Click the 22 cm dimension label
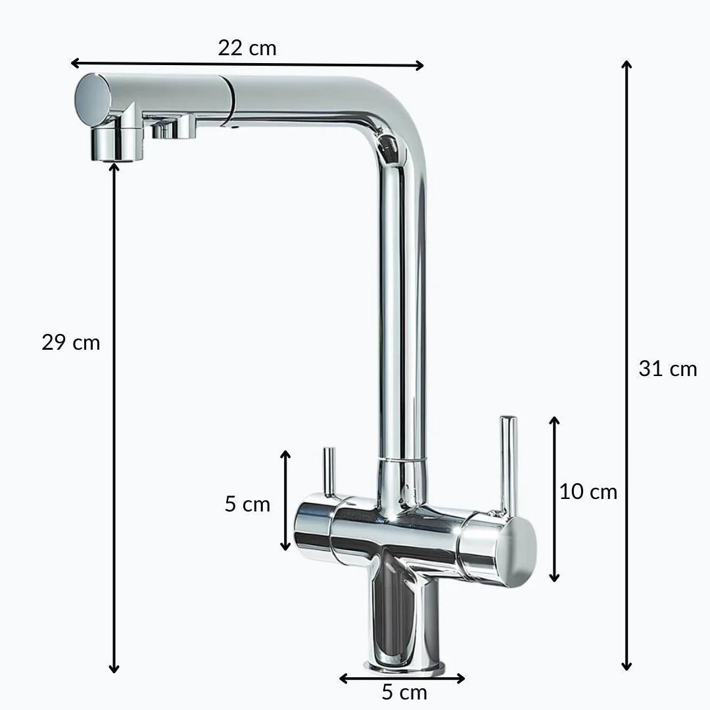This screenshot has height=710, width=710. pyautogui.click(x=247, y=48)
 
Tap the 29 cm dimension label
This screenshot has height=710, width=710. pyautogui.click(x=70, y=343)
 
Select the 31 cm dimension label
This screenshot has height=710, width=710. pyautogui.click(x=668, y=369)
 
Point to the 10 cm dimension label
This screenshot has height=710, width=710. pyautogui.click(x=588, y=492)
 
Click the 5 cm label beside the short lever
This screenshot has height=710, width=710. pyautogui.click(x=247, y=504)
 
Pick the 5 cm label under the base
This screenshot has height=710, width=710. pyautogui.click(x=404, y=692)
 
